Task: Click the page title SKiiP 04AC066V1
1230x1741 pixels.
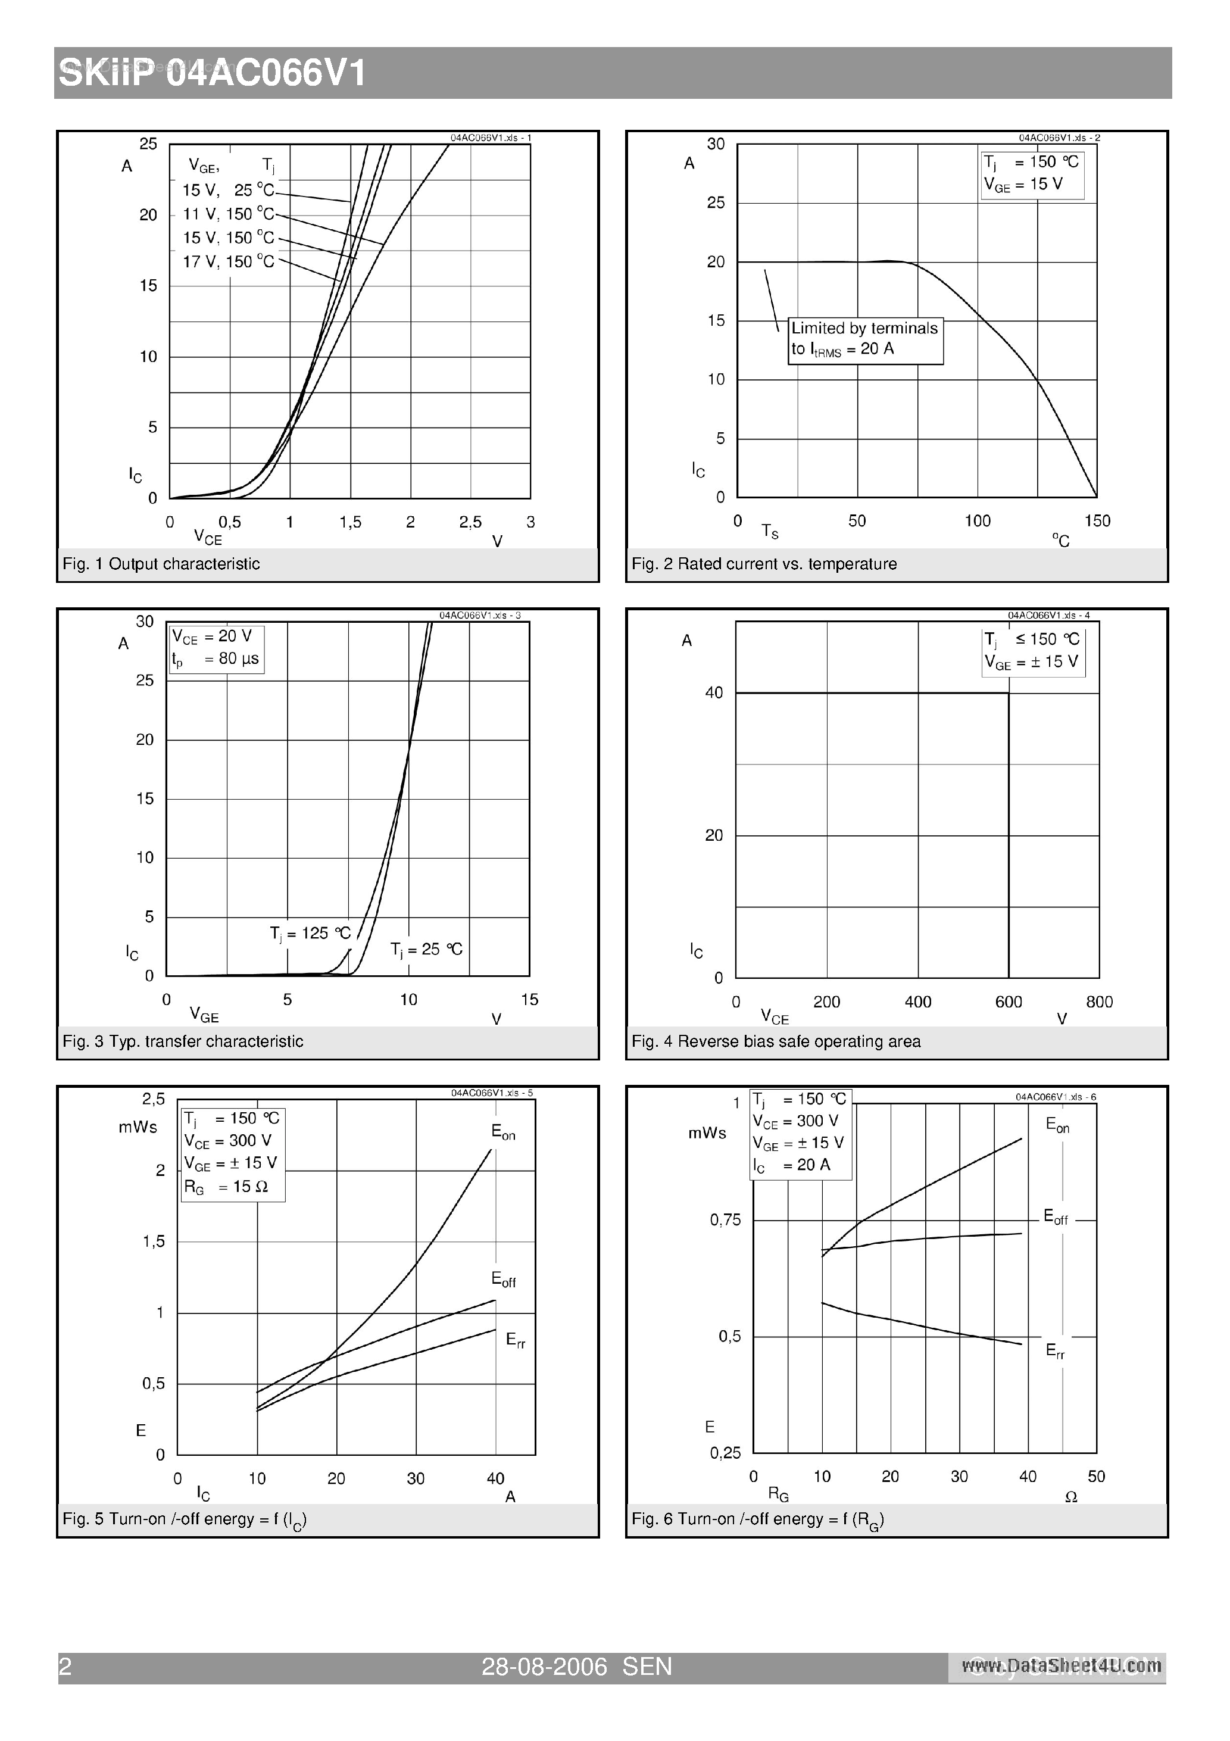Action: point(213,74)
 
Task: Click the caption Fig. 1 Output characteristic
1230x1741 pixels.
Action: point(161,564)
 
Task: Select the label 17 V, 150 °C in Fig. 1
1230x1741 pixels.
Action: point(228,261)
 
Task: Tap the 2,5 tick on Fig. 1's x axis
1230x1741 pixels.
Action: point(470,522)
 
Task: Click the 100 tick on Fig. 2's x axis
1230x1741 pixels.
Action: point(978,521)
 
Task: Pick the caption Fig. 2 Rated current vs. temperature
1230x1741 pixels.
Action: point(764,564)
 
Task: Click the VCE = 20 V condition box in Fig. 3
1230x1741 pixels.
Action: point(216,648)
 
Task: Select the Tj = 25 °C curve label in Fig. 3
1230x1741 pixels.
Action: point(426,949)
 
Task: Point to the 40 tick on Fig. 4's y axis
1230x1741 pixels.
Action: point(714,693)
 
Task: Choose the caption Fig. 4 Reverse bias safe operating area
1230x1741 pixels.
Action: point(776,1042)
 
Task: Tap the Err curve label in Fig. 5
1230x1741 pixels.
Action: point(516,1340)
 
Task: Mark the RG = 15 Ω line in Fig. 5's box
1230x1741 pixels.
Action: point(226,1187)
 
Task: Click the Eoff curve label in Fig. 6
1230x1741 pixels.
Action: point(1056,1218)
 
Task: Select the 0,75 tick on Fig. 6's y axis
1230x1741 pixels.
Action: point(725,1220)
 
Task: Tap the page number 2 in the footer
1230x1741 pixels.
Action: point(65,1667)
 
